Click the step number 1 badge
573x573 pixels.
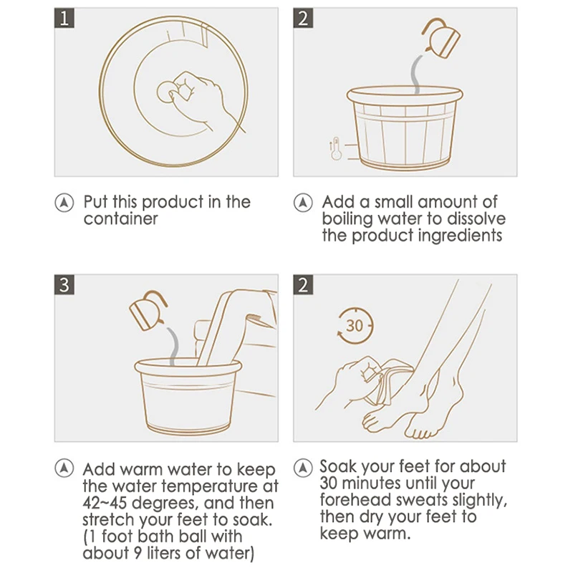point(64,18)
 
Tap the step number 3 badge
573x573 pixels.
point(64,284)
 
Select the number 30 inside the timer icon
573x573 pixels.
point(354,326)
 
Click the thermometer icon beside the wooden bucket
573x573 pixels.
point(335,149)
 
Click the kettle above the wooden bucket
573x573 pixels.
point(440,38)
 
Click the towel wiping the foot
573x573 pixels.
point(393,382)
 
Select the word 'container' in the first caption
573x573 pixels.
point(120,219)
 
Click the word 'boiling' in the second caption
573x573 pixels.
point(346,219)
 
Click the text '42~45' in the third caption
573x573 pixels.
point(105,503)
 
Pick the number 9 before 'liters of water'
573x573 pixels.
point(137,553)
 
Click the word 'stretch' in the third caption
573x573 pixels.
point(108,520)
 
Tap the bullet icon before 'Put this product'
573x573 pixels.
point(64,203)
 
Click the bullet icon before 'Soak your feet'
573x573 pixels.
point(303,468)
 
